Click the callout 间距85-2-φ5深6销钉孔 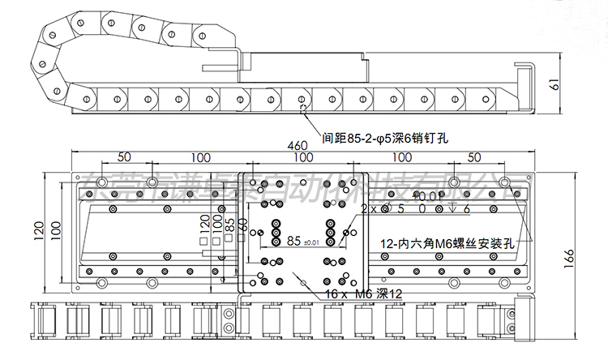[x=384, y=137]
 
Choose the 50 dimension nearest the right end [x=474, y=156]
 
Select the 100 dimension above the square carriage [x=304, y=156]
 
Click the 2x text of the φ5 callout [x=368, y=208]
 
